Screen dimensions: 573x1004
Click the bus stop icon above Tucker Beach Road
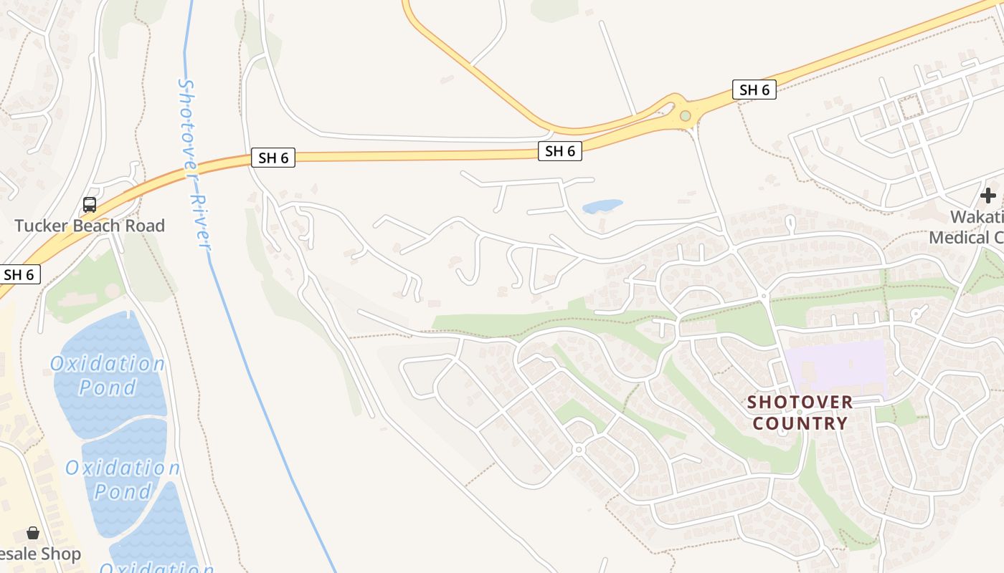[x=90, y=205]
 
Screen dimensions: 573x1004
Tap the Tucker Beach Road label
[x=90, y=226]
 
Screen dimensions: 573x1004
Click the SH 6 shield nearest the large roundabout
[x=754, y=90]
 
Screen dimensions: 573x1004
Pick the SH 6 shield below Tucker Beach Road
[x=19, y=274]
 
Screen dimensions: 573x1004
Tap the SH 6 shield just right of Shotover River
[x=273, y=158]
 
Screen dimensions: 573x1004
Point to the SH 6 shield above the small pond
[x=560, y=150]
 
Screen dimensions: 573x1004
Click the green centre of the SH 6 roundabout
[x=686, y=115]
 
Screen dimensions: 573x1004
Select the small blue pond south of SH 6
[x=602, y=206]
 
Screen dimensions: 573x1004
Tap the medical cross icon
[x=988, y=195]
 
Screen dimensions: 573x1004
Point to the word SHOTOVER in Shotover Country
[x=800, y=402]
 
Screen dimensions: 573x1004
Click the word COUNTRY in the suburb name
[x=800, y=423]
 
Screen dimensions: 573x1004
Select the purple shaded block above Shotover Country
[x=836, y=367]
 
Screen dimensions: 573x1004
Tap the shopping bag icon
[x=33, y=533]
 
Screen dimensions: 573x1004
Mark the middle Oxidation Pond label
[x=123, y=479]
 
